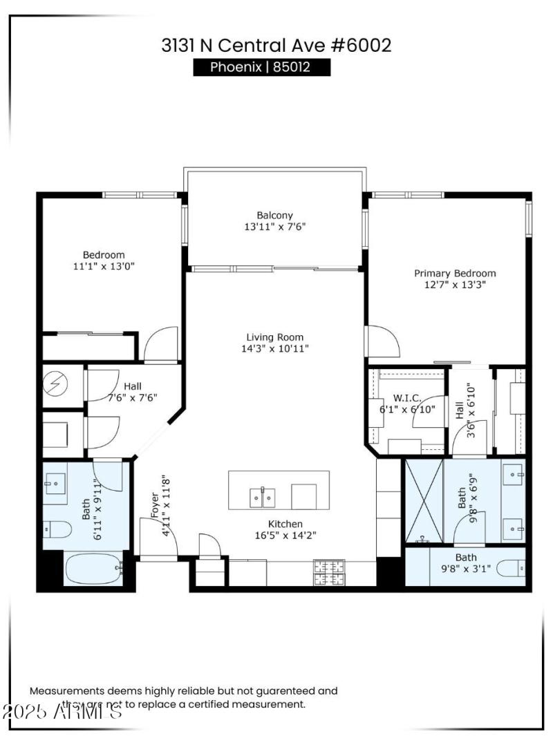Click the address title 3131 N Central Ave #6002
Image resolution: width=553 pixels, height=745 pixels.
pos(276,46)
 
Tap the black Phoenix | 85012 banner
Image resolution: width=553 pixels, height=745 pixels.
pos(261,67)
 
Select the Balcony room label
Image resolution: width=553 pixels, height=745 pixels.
pos(275,215)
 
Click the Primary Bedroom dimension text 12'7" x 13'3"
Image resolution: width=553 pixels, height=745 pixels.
pos(455,284)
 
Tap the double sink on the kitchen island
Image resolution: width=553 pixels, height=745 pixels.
pos(262,496)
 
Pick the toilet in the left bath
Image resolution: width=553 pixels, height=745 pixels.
pos(57,530)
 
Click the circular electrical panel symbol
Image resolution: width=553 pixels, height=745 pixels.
pos(55,381)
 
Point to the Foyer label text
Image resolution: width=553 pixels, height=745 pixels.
pos(154,507)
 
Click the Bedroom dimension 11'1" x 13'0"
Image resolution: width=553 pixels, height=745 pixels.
pos(104,266)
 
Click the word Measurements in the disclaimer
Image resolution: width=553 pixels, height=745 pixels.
pos(66,690)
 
